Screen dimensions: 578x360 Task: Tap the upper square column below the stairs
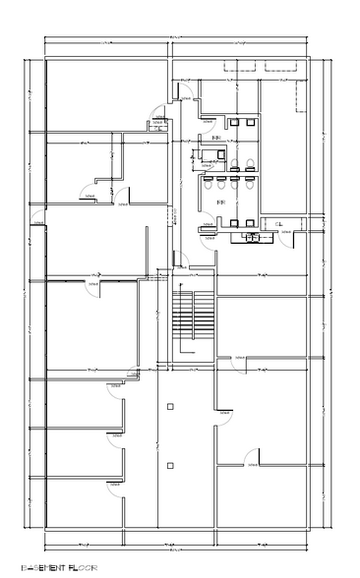coord(170,406)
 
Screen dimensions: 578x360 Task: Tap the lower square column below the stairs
coord(170,464)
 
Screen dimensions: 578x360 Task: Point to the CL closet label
coord(279,225)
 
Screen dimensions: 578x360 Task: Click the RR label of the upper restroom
coord(215,140)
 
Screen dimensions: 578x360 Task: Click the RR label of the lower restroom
coord(219,202)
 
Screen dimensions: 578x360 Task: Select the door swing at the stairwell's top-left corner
coord(178,260)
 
